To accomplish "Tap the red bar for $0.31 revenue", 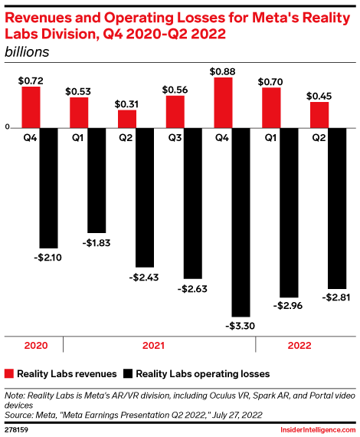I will [x=126, y=118].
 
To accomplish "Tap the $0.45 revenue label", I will [x=319, y=96].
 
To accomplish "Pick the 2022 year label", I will [x=299, y=346].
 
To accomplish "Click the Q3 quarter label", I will [x=175, y=139].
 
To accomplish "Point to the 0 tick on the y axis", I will [x=7, y=128].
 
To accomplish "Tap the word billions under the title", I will [x=27, y=52].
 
